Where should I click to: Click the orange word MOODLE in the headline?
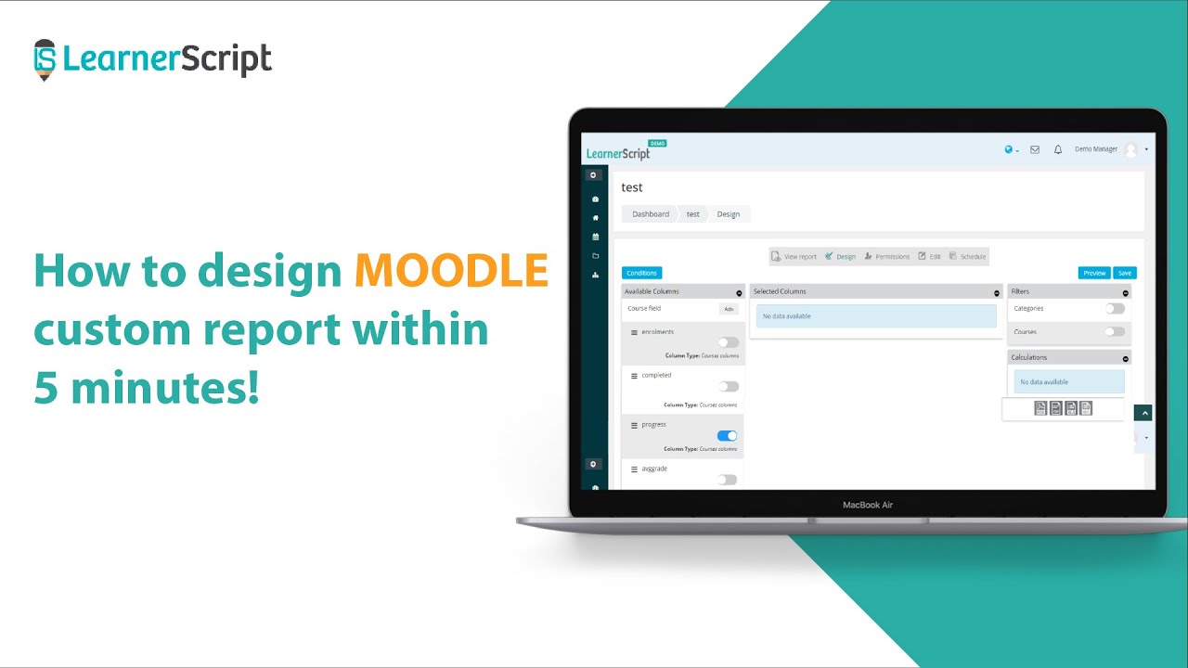450,271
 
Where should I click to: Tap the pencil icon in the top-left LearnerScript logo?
44,59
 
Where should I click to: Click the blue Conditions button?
641,273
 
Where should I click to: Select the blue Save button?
1125,273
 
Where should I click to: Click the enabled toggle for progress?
728,435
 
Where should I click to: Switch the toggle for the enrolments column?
728,342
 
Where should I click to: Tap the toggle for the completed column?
728,386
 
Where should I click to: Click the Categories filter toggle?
1115,308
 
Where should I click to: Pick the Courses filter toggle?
1115,331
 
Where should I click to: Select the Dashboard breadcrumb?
650,214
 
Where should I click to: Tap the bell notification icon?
1058,149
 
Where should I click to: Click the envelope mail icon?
1035,149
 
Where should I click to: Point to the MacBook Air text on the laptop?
868,505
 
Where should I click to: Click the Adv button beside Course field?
729,309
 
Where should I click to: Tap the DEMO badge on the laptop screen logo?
657,143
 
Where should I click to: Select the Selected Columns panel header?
873,291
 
